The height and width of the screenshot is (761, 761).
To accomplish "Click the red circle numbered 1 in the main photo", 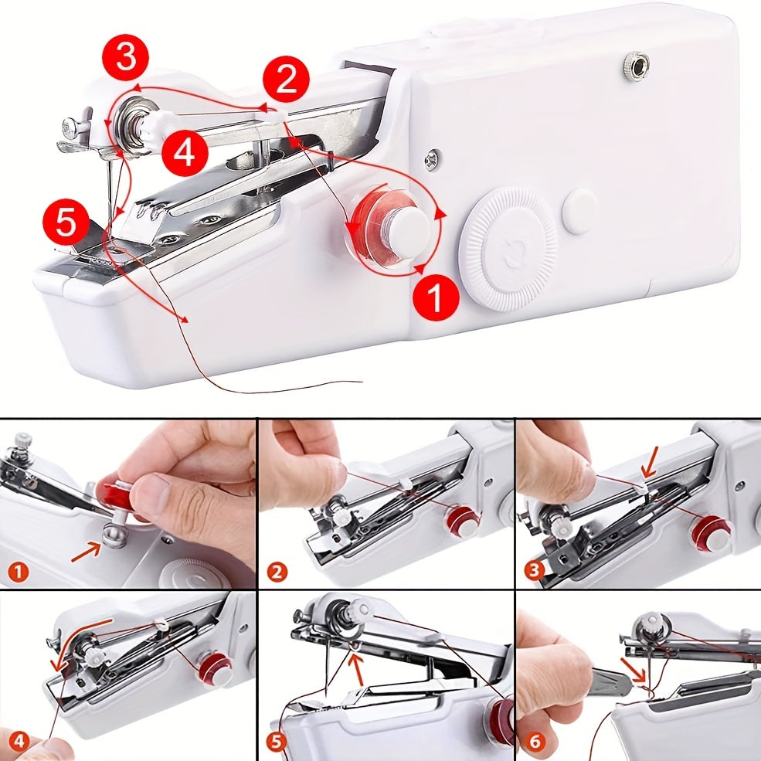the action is point(436,297).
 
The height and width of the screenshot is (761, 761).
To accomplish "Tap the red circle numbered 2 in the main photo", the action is point(287,79).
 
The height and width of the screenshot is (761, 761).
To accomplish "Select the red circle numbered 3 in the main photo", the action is point(126,57).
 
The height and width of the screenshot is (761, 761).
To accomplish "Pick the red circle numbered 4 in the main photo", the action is point(185,153).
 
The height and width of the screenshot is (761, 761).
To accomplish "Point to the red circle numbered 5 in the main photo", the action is point(66,224).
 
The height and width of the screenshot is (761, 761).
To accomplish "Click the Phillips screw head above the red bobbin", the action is point(433,160).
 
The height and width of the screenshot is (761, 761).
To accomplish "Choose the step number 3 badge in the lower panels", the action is point(534,569).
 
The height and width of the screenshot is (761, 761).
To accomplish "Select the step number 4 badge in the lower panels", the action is point(18,741).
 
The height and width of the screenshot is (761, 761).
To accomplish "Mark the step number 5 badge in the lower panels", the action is point(276,742).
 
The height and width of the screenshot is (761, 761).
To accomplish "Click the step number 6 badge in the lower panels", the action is point(535,742).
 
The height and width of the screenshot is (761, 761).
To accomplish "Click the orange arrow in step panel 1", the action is point(87,553).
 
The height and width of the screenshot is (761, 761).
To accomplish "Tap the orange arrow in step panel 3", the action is point(650,461).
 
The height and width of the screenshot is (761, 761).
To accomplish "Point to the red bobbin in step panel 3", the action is point(712,533).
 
